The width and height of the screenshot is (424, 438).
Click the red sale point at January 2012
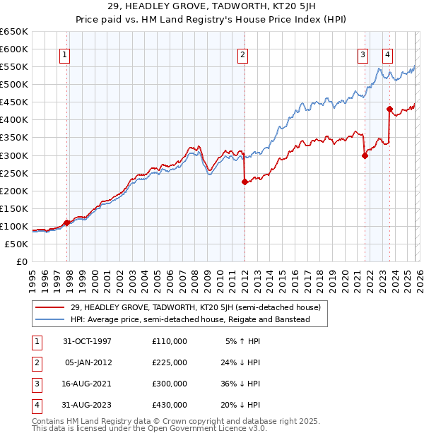[244, 182]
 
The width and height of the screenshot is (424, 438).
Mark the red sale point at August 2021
[365, 155]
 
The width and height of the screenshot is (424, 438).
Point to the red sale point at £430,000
[389, 109]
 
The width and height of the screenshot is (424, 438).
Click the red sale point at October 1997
[67, 223]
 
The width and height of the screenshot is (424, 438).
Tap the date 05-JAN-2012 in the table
[88, 362]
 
